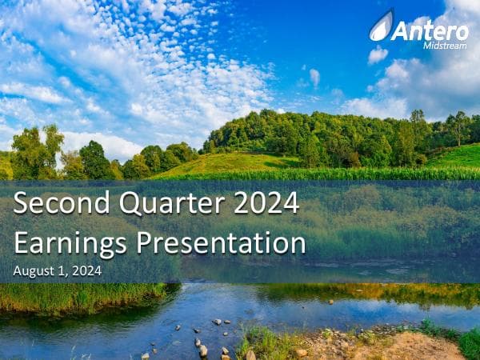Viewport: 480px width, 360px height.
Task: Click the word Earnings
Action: coord(71,242)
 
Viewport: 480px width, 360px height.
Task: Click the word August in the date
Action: coord(34,271)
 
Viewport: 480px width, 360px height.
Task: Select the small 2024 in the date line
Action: coord(86,271)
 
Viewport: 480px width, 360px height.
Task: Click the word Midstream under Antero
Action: coord(445,45)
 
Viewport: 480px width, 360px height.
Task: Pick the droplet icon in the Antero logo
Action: coord(381,26)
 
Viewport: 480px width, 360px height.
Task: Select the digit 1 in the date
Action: coord(60,271)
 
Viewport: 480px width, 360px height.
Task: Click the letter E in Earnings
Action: coord(22,242)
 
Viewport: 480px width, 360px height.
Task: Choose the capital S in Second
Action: coord(22,203)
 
